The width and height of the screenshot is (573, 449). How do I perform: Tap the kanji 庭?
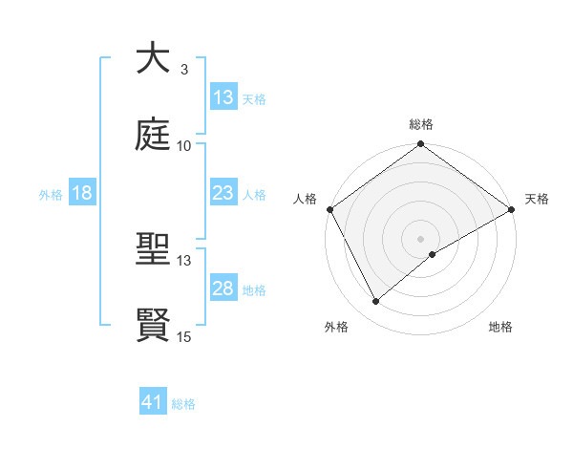(x=153, y=135)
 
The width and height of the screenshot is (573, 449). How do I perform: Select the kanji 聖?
(x=153, y=251)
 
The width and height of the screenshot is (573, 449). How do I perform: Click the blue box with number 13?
(x=223, y=97)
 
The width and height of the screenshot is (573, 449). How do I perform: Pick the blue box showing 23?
(x=223, y=194)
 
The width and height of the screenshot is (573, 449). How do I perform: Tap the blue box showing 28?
(x=223, y=289)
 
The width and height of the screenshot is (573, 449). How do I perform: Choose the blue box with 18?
(x=82, y=194)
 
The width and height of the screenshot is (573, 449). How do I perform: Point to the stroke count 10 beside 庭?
(x=184, y=146)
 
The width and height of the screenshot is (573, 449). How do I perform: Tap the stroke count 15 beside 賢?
(x=184, y=337)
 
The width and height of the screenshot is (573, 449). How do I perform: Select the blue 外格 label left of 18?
(x=51, y=195)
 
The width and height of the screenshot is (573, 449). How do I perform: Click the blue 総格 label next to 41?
(x=183, y=404)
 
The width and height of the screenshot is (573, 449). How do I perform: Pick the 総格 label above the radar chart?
(x=420, y=124)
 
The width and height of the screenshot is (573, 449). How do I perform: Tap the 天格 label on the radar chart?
(x=537, y=199)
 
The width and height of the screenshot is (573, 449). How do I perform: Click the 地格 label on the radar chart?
(x=500, y=327)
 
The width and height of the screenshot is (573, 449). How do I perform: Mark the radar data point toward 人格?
(x=329, y=209)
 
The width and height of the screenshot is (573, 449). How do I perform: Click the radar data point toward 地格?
(x=433, y=254)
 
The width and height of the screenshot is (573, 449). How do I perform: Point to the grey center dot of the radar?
(x=420, y=238)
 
